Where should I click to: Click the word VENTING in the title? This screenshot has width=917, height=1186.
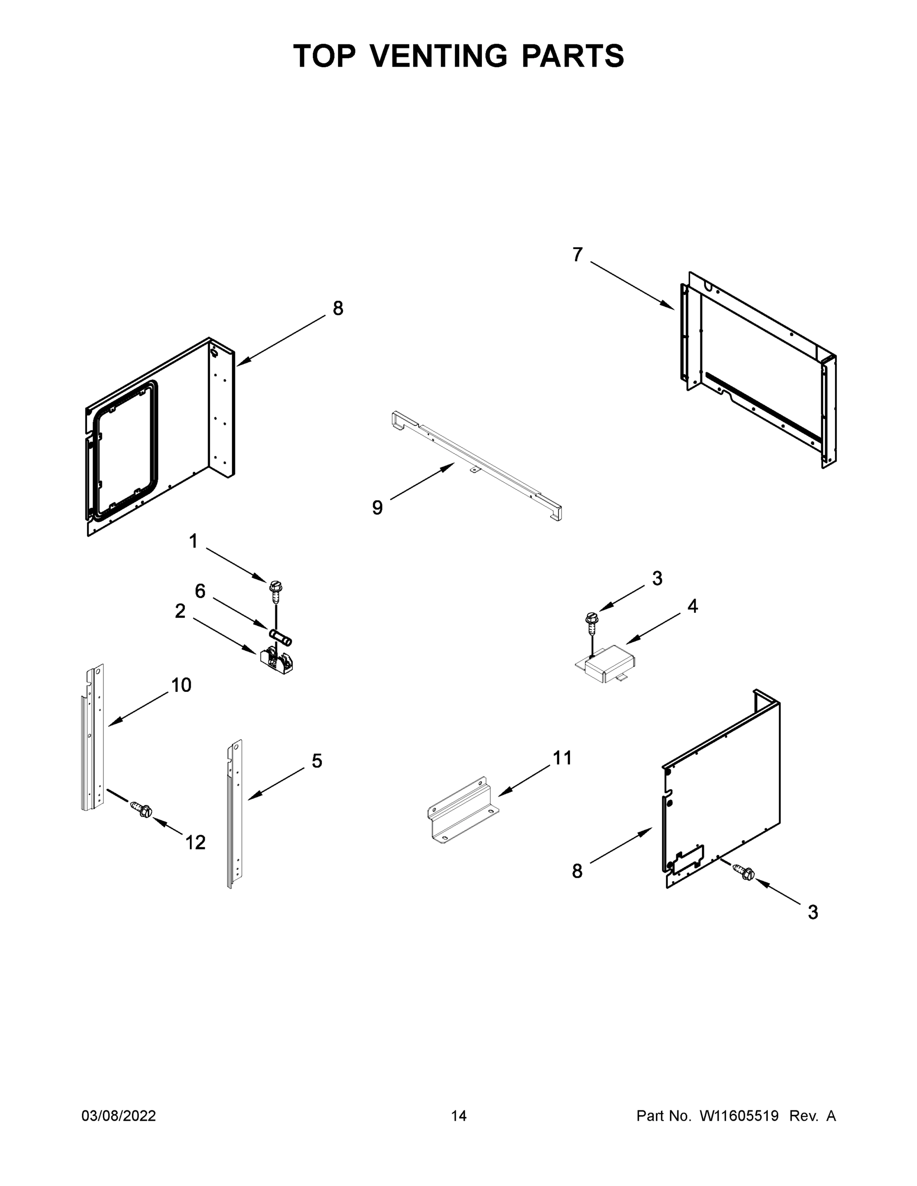pyautogui.click(x=439, y=56)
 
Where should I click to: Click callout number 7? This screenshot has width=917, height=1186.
pyautogui.click(x=577, y=254)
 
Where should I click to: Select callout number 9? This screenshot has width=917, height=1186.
pyautogui.click(x=377, y=508)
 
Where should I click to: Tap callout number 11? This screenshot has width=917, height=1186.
pyautogui.click(x=562, y=758)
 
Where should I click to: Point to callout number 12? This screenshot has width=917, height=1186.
pyautogui.click(x=196, y=842)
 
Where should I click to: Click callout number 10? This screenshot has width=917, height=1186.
pyautogui.click(x=181, y=685)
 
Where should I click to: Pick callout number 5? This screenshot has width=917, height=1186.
pyautogui.click(x=317, y=761)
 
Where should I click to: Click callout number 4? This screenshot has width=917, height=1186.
pyautogui.click(x=693, y=606)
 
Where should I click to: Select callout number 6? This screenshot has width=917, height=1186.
pyautogui.click(x=200, y=591)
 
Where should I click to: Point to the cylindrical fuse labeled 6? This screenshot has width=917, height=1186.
pyautogui.click(x=280, y=637)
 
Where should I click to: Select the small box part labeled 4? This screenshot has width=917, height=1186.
pyautogui.click(x=608, y=663)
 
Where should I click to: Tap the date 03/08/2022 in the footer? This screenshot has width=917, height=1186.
pyautogui.click(x=119, y=1116)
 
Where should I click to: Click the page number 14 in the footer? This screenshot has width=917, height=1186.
pyautogui.click(x=459, y=1116)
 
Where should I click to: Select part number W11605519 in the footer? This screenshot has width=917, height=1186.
pyautogui.click(x=739, y=1116)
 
